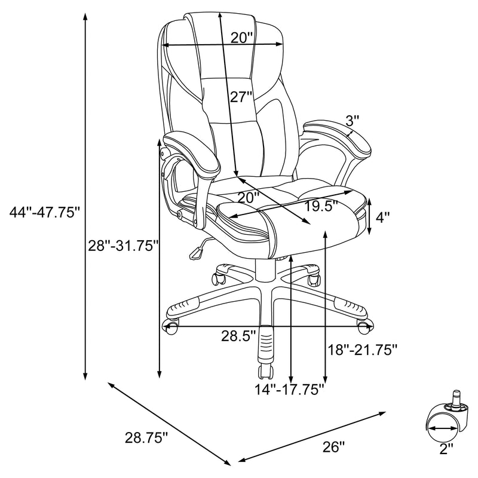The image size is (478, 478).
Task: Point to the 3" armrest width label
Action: (352, 121)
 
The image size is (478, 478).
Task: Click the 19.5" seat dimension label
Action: (320, 207)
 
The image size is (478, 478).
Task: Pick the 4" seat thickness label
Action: (382, 217)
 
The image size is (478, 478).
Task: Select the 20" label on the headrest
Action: (243, 38)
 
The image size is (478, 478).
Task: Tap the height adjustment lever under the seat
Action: (197, 252)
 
